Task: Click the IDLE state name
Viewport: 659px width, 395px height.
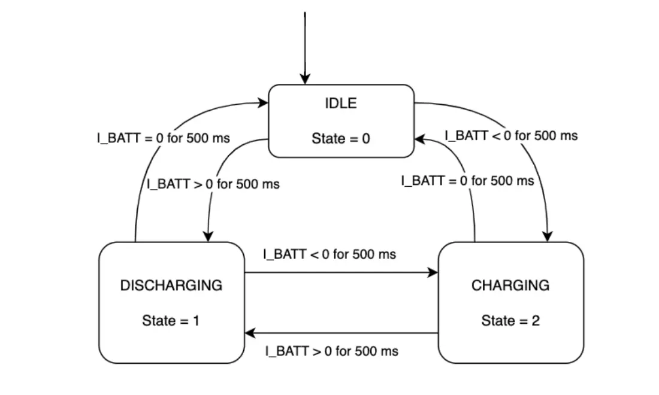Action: (340, 103)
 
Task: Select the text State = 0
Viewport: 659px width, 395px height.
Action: (340, 139)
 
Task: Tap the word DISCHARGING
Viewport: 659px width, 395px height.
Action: (171, 285)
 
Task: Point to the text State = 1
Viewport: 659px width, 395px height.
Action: (171, 321)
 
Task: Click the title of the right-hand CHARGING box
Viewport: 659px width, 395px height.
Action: (510, 285)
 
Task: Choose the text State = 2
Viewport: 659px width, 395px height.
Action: (510, 321)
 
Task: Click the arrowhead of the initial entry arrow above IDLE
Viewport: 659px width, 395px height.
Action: (306, 79)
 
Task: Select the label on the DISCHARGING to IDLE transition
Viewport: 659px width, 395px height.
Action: (164, 138)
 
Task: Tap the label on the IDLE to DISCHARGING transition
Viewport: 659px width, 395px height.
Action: (213, 184)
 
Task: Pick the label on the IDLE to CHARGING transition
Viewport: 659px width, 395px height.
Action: (511, 135)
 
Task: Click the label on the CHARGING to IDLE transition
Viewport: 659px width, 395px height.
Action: (467, 180)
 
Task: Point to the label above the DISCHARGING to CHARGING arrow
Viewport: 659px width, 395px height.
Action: (329, 254)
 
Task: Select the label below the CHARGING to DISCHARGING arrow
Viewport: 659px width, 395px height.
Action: (331, 351)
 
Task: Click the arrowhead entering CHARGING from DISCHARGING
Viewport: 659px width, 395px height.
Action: (433, 273)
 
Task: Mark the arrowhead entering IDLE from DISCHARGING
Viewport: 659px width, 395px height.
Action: (263, 103)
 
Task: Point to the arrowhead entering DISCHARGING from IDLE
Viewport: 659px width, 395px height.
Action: (209, 236)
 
